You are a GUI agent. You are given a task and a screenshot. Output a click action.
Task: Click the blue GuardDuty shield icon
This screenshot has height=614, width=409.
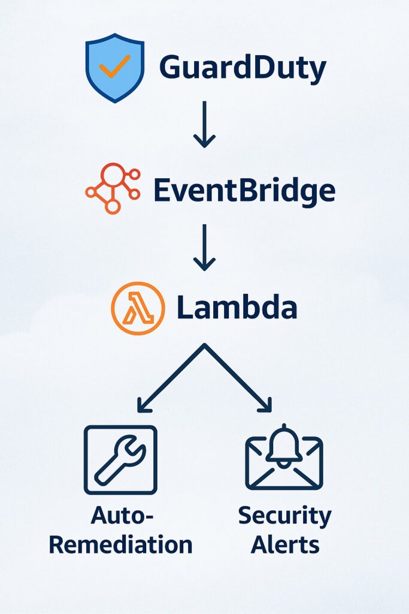tap(114, 67)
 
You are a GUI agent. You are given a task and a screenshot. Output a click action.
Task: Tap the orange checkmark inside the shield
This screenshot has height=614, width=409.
tap(114, 68)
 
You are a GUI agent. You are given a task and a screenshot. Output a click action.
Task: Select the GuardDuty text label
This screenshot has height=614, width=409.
tap(243, 68)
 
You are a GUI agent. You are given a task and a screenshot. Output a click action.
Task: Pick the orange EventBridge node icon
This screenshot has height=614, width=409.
tap(113, 188)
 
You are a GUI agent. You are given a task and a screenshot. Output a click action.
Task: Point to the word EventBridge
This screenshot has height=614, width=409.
tap(244, 191)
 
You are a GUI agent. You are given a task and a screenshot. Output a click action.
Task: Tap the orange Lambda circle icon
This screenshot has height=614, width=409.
tap(138, 308)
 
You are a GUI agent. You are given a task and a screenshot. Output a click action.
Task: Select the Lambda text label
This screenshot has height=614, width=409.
tap(237, 308)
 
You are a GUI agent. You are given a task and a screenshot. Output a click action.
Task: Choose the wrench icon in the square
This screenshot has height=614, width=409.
tap(120, 459)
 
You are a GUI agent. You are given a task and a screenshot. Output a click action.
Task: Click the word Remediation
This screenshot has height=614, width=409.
tap(120, 545)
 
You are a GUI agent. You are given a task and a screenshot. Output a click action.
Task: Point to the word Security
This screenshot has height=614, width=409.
tap(284, 516)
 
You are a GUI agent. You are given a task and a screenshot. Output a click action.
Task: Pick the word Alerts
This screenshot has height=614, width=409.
tap(284, 545)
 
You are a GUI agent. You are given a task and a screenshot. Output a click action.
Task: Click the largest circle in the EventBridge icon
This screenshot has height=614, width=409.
tap(112, 174)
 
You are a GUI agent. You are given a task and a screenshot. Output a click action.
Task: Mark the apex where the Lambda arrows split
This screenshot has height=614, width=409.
tap(204, 346)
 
